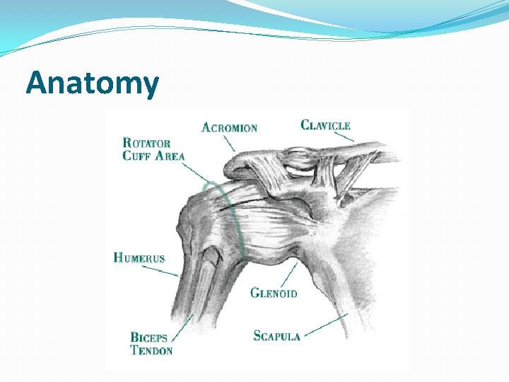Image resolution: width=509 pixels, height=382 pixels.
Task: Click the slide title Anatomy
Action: pos(93,83)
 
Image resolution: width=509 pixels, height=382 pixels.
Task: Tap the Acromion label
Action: pos(229,127)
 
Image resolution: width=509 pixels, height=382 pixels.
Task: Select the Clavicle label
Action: pos(325,125)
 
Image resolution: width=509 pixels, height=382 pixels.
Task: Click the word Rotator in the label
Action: pos(146,143)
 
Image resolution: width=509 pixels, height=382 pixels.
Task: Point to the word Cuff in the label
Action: pos(138,156)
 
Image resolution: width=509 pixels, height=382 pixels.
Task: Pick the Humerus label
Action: pos(139,258)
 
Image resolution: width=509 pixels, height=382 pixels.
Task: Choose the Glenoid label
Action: pos(274,293)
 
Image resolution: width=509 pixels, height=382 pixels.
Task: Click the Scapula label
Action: pos(277,335)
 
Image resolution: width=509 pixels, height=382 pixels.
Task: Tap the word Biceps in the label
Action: pos(148,337)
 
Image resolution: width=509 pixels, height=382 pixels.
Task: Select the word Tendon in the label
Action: pos(151,349)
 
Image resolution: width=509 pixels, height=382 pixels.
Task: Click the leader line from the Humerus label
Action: pos(171,270)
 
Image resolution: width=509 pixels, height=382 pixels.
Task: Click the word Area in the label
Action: pos(170,156)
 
